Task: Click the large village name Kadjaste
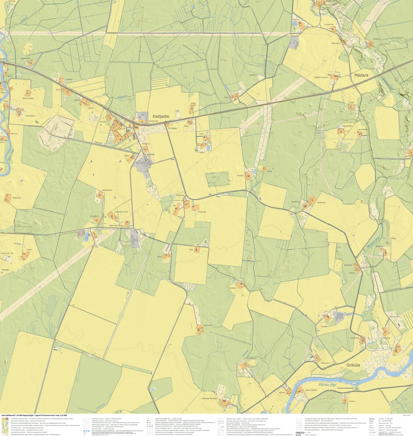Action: tap(161, 116)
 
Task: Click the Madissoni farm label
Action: tap(17, 198)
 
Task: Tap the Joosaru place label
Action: tap(241, 175)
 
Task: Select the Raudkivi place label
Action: tap(252, 75)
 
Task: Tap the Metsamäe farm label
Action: tap(347, 126)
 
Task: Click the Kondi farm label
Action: tap(29, 250)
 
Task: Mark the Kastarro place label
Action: tap(325, 327)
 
